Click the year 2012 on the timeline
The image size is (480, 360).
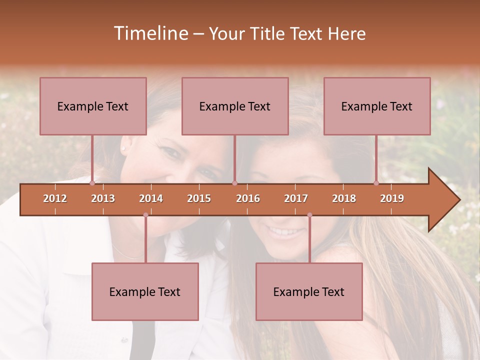pyautogui.click(x=55, y=198)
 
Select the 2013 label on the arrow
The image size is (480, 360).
pyautogui.click(x=103, y=198)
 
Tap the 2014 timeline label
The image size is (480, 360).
pyautogui.click(x=151, y=198)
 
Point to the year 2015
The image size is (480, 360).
pyautogui.click(x=199, y=198)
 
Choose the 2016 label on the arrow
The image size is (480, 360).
pyautogui.click(x=248, y=198)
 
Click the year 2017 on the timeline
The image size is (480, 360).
pyautogui.click(x=296, y=198)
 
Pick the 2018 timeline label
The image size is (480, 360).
pyautogui.click(x=344, y=198)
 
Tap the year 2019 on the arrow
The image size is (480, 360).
pyautogui.click(x=392, y=198)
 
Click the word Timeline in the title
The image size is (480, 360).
pyautogui.click(x=150, y=33)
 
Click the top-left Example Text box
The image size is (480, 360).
pyautogui.click(x=93, y=106)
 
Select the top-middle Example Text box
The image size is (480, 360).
pyautogui.click(x=235, y=106)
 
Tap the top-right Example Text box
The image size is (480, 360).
pyautogui.click(x=377, y=106)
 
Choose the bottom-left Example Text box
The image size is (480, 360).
pyautogui.click(x=145, y=291)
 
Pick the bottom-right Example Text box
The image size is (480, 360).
pyautogui.click(x=309, y=291)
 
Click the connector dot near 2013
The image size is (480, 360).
pyautogui.click(x=92, y=183)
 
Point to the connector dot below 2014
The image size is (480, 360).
pyautogui.click(x=145, y=215)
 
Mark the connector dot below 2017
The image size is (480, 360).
pyautogui.click(x=309, y=215)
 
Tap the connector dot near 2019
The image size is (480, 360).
pyautogui.click(x=376, y=183)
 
